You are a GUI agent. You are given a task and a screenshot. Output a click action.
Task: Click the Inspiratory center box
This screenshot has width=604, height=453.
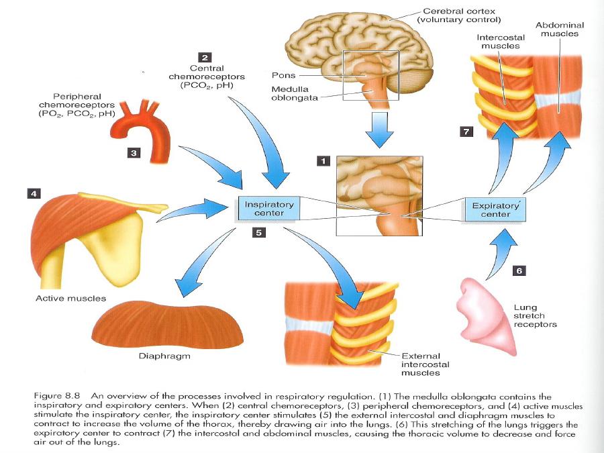click(268, 208)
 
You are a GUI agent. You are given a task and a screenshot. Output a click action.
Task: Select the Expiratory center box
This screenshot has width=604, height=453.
click(495, 210)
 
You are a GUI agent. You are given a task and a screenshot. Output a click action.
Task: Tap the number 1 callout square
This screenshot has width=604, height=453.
click(324, 161)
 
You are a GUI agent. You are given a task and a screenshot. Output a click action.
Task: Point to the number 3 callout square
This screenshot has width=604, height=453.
click(134, 153)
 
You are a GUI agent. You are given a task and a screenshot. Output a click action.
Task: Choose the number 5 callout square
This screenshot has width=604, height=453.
click(258, 233)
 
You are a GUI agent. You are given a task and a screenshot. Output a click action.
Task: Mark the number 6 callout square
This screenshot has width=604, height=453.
click(519, 270)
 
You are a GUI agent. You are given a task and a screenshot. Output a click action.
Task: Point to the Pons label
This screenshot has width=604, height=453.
click(284, 76)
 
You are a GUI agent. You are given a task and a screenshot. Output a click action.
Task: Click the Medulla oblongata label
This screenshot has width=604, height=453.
click(290, 93)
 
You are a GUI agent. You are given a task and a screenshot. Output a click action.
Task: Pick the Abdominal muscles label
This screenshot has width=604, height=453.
click(559, 30)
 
